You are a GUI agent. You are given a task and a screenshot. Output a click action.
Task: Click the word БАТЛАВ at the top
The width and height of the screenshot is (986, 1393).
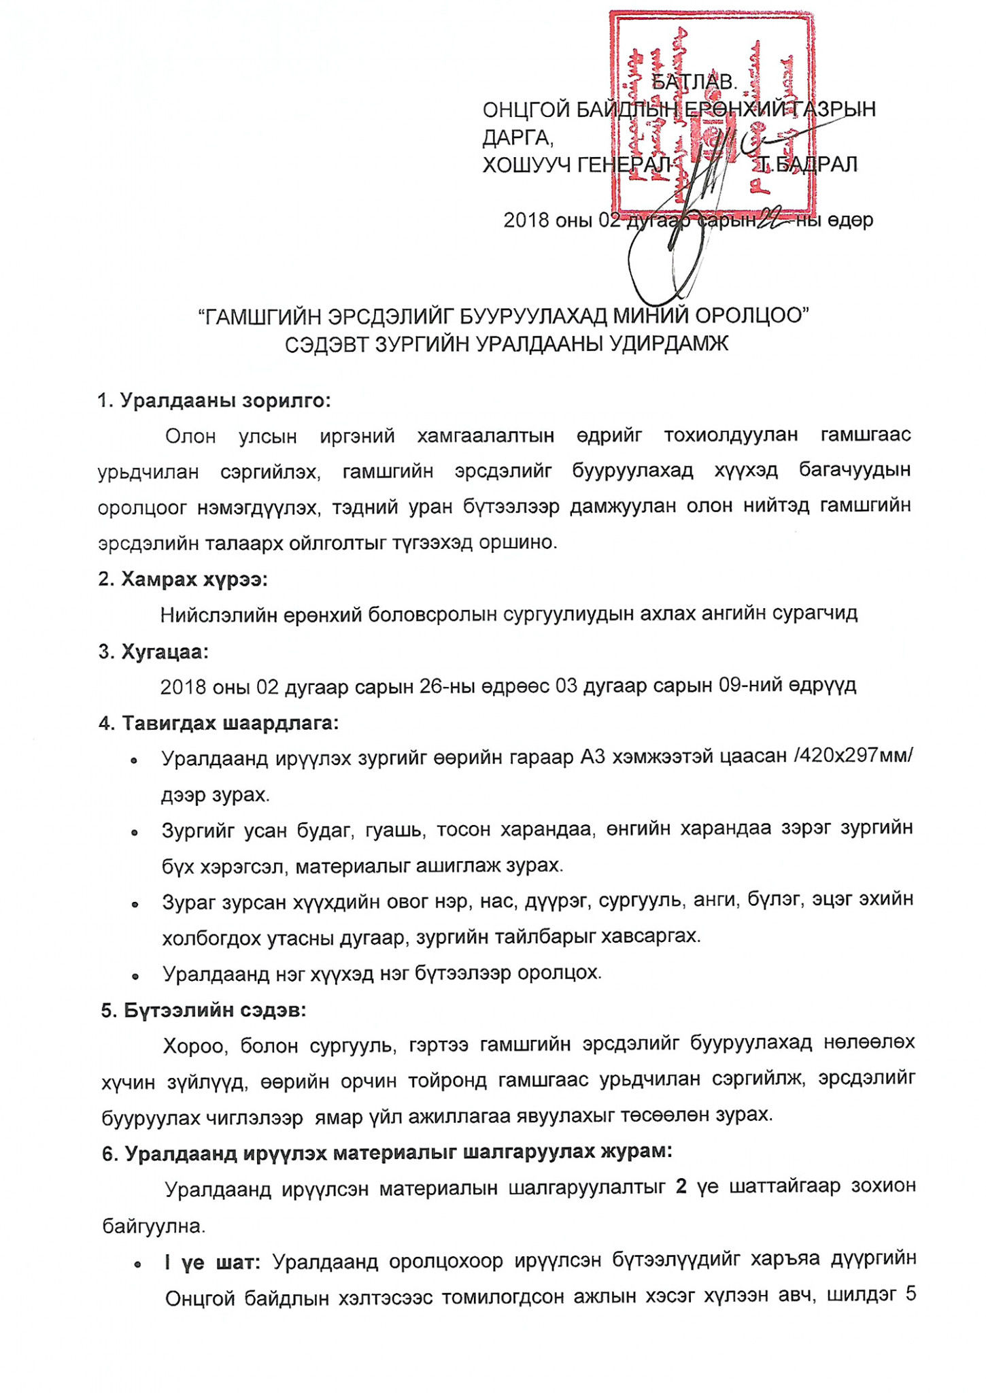694,82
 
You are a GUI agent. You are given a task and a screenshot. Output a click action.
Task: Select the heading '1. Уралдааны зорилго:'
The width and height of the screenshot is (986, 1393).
214,401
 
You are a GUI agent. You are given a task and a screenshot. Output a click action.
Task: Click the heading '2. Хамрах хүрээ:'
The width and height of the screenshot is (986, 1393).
182,580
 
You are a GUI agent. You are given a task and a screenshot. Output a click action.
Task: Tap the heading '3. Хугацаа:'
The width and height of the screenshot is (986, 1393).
153,652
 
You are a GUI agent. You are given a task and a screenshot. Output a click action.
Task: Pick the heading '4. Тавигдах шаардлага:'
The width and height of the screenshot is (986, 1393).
218,723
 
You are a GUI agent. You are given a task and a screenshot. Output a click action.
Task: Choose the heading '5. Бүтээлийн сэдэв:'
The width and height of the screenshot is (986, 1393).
203,1010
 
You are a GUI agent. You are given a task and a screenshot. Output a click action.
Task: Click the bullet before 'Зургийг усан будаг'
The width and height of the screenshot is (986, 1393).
135,832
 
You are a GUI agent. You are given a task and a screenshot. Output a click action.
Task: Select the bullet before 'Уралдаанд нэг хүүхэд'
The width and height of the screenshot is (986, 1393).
135,976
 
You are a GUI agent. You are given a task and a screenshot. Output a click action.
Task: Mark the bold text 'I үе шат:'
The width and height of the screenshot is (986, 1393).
212,1262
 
